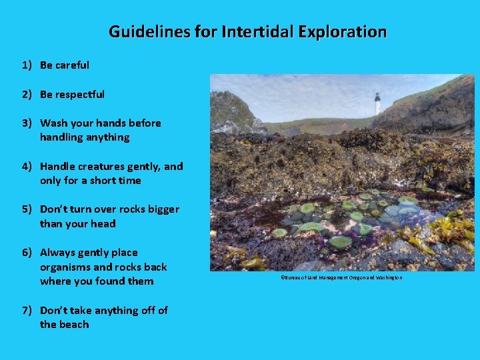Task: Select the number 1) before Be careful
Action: tap(27, 65)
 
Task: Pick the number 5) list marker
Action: tap(27, 209)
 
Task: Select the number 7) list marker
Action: tap(27, 311)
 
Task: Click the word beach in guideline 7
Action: tap(74, 325)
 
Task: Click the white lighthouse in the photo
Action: tap(377, 103)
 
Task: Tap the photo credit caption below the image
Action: tap(341, 277)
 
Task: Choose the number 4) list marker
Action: tap(27, 167)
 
